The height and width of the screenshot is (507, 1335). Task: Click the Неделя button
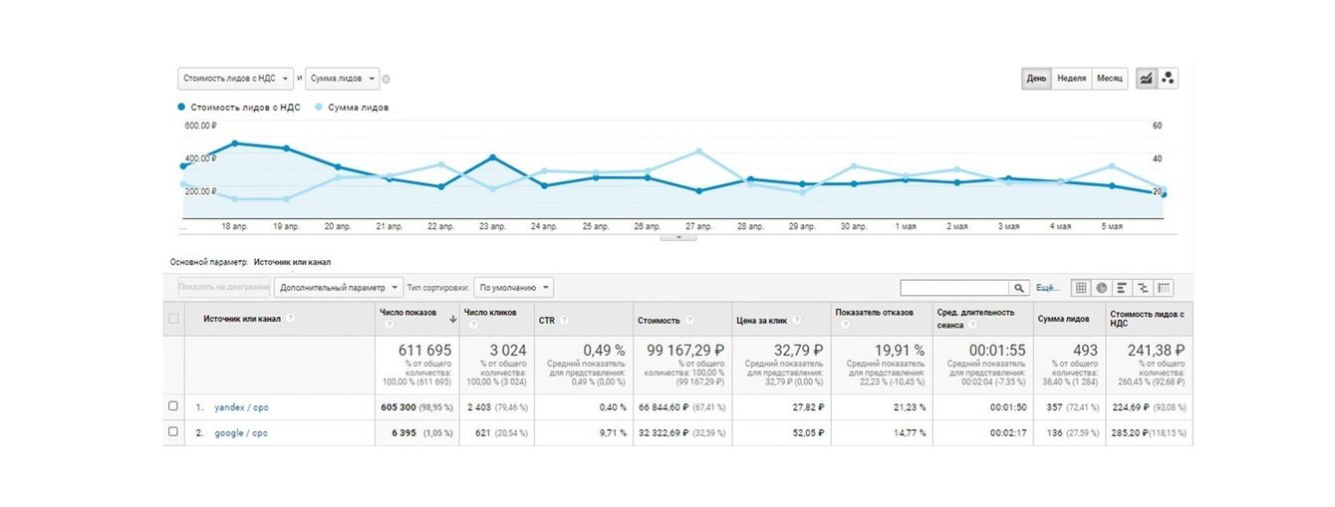pyautogui.click(x=1071, y=79)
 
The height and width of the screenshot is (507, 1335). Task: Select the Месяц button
pyautogui.click(x=1109, y=79)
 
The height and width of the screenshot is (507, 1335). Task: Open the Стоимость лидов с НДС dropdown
pyautogui.click(x=237, y=79)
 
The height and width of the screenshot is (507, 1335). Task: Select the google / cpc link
pyautogui.click(x=241, y=432)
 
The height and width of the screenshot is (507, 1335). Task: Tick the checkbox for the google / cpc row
pyautogui.click(x=173, y=432)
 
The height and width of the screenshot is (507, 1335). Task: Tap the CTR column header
pyautogui.click(x=547, y=320)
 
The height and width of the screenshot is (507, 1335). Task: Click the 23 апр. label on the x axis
pyautogui.click(x=492, y=227)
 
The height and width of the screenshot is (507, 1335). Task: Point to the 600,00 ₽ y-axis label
pyautogui.click(x=200, y=127)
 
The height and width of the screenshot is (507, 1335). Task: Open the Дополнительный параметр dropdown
pyautogui.click(x=339, y=287)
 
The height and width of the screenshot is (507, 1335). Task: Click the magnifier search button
pyautogui.click(x=1019, y=288)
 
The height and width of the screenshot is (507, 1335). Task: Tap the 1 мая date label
pyautogui.click(x=906, y=227)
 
